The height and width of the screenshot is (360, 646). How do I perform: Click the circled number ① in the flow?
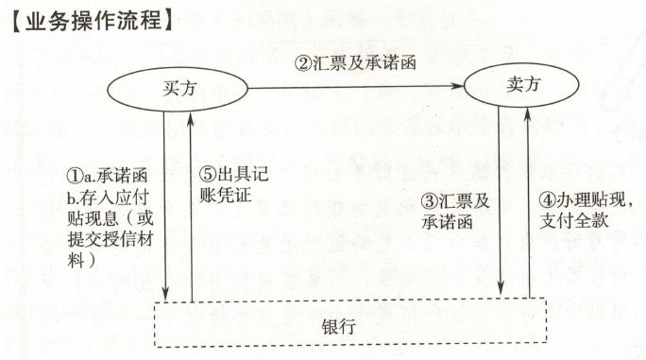(x=73, y=178)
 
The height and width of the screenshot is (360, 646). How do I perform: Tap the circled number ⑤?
(x=207, y=178)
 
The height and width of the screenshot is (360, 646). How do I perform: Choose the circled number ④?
(x=546, y=201)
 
